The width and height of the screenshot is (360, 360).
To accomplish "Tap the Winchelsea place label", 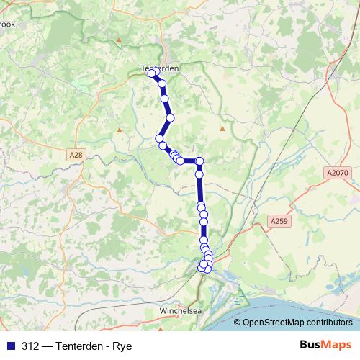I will pyautogui.click(x=180, y=312).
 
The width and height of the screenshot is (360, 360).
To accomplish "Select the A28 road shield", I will pyautogui.click(x=78, y=155).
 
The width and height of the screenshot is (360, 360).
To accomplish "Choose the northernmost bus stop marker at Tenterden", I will pyautogui.click(x=152, y=73).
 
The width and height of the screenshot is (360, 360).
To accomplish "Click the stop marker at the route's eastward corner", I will pyautogui.click(x=200, y=161).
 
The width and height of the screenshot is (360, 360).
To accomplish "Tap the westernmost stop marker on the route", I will pyautogui.click(x=159, y=138).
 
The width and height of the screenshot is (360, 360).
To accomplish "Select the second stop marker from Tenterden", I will pyautogui.click(x=162, y=84).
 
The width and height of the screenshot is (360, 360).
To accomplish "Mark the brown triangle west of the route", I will pyautogui.click(x=119, y=130).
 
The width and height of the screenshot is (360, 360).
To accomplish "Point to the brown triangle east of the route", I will pyautogui.click(x=222, y=129).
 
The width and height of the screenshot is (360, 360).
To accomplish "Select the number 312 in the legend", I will pyautogui.click(x=30, y=346).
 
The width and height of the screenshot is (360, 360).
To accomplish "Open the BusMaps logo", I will pyautogui.click(x=325, y=345).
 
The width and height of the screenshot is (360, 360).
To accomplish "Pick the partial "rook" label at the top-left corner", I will pyautogui.click(x=7, y=24).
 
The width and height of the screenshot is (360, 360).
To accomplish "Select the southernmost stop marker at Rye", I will pyautogui.click(x=204, y=269).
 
